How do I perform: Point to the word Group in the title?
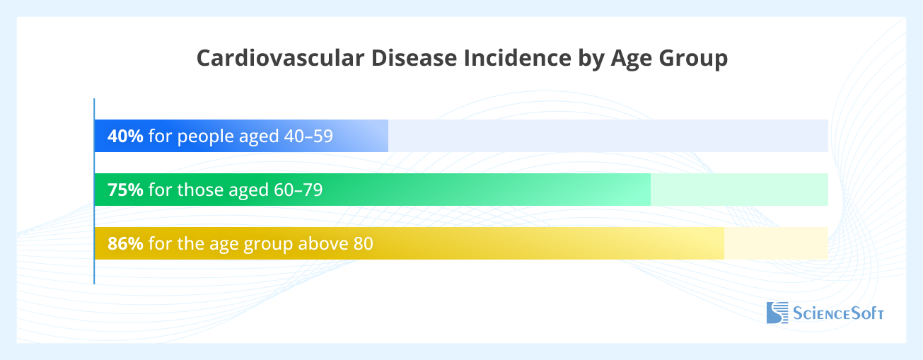[x=691, y=59]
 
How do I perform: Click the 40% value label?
[x=125, y=136]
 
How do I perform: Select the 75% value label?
[x=125, y=190]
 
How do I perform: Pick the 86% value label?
[x=125, y=243]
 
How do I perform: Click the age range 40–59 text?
[x=308, y=136]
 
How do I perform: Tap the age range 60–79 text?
[x=298, y=190]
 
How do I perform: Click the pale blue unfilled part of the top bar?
[x=608, y=136]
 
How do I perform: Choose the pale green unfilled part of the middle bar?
[x=739, y=190]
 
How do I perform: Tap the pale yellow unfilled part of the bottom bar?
[x=776, y=243]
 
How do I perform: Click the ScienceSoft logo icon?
[x=777, y=313]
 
